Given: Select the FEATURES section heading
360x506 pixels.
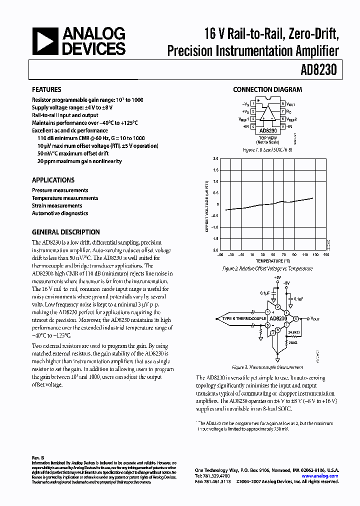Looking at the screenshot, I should [x=46, y=90].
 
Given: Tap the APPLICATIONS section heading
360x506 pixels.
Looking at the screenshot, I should [x=53, y=180].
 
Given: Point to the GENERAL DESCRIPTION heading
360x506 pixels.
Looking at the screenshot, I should [x=65, y=232].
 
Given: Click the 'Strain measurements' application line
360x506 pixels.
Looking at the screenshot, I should [x=57, y=205].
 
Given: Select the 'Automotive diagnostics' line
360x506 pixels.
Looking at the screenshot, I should [x=60, y=213].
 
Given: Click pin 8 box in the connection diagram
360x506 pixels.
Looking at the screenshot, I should [x=282, y=103].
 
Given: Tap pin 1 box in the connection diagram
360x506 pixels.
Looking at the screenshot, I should [x=253, y=103].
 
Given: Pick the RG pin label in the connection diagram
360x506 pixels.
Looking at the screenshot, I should [x=289, y=111].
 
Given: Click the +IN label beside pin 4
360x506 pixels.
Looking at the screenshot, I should [x=245, y=127].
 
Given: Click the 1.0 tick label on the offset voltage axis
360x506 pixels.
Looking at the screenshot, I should [x=215, y=181].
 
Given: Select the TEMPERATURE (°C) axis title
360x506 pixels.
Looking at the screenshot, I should [x=273, y=261].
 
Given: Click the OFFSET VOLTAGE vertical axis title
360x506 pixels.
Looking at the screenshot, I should [x=206, y=204].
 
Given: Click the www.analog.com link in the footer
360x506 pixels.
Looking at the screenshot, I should [x=321, y=476].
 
